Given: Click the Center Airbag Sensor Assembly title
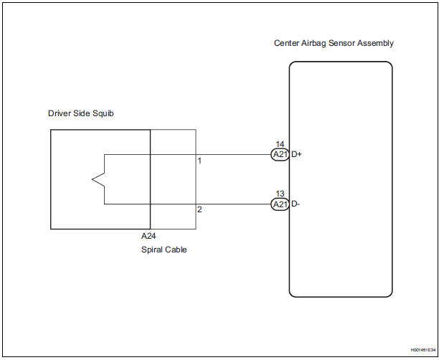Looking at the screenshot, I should pyautogui.click(x=334, y=43).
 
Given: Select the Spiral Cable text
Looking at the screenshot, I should pyautogui.click(x=164, y=250).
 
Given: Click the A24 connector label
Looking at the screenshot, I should pyautogui.click(x=148, y=236).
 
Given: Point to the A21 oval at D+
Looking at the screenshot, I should pyautogui.click(x=279, y=154).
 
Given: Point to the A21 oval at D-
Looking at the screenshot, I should pyautogui.click(x=279, y=204).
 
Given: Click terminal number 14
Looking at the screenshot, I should pyautogui.click(x=280, y=144).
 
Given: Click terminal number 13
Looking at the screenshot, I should pyautogui.click(x=280, y=194).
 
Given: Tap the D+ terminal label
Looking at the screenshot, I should pyautogui.click(x=296, y=154).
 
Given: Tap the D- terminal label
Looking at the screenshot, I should pyautogui.click(x=296, y=204).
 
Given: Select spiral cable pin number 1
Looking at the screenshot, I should pyautogui.click(x=199, y=161).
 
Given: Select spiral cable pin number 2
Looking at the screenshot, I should pyautogui.click(x=199, y=209).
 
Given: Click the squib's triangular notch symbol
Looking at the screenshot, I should pyautogui.click(x=98, y=179).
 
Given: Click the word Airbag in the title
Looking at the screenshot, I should pyautogui.click(x=318, y=43).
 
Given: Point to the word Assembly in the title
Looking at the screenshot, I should pyautogui.click(x=377, y=43).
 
